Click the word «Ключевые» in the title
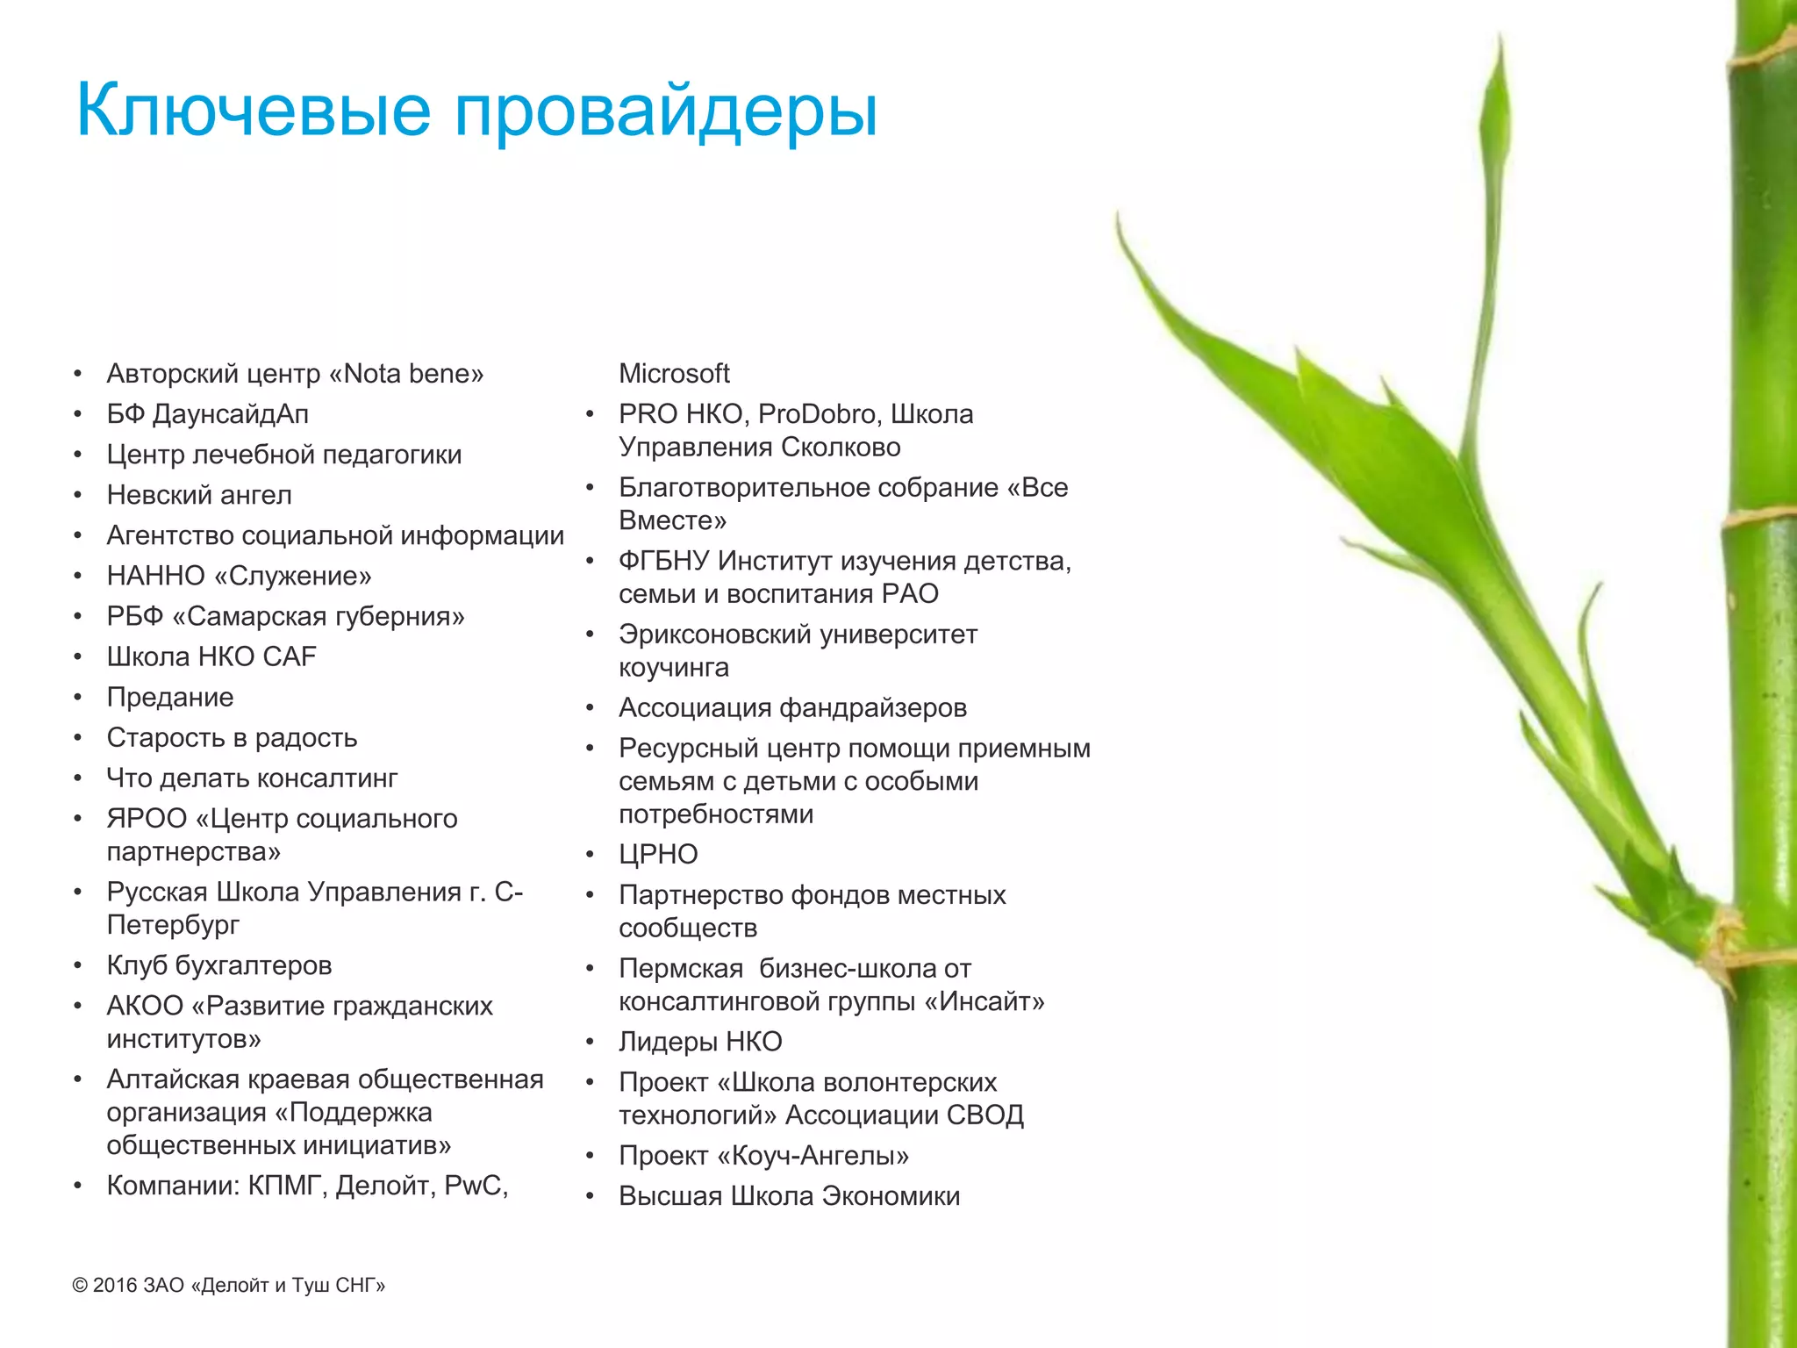pos(254,110)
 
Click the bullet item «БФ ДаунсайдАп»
pos(208,414)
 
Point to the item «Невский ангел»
pos(199,495)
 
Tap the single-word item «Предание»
pos(170,697)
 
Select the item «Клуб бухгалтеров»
pos(219,965)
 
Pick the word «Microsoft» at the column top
pos(674,374)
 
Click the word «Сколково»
pos(841,448)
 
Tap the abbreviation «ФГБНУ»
pos(664,561)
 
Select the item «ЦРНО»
pos(658,854)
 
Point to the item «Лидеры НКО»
pos(700,1042)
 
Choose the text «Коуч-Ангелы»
pos(813,1156)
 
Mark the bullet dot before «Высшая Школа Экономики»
pos(591,1196)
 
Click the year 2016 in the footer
pos(115,1286)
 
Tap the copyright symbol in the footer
pos(80,1286)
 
